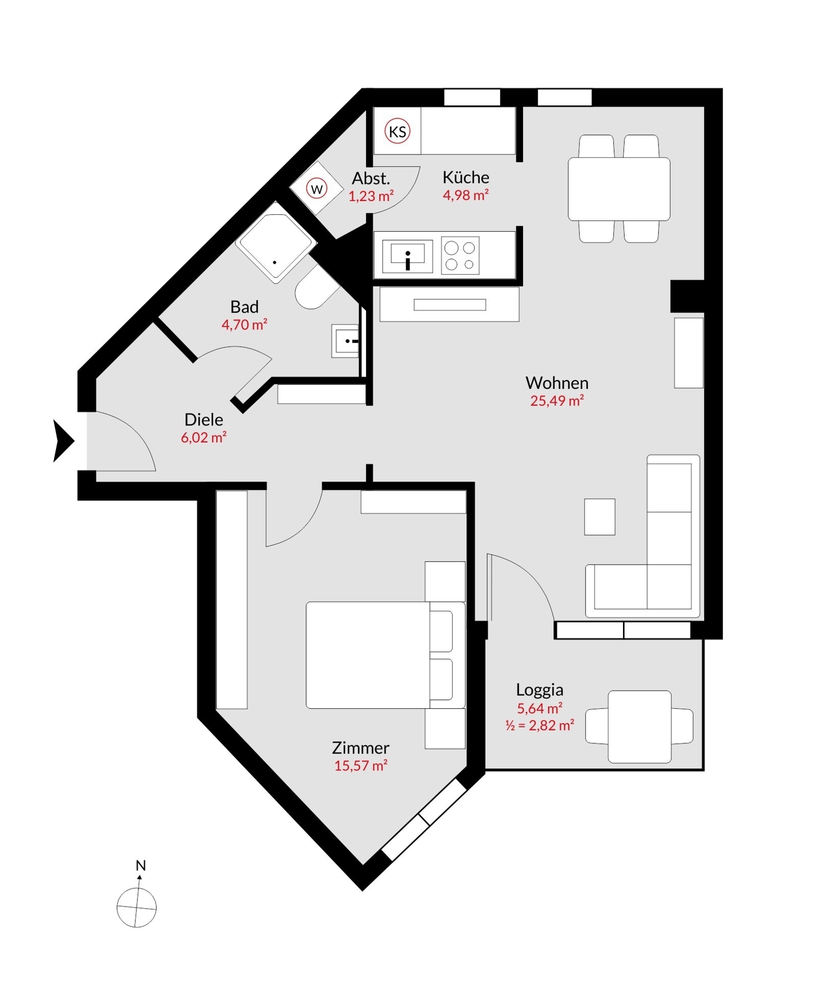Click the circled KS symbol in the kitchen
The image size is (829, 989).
point(397,132)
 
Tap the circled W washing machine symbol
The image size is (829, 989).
point(317,189)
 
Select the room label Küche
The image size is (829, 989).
point(465,177)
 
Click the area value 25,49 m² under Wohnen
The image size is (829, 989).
point(557,401)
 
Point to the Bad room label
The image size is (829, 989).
point(244,307)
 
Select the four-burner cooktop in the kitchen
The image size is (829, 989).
point(460,255)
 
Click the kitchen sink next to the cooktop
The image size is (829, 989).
point(407,255)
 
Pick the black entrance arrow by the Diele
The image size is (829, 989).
point(63,441)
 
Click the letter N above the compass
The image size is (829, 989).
point(141,865)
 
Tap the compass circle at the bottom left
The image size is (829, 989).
point(136,908)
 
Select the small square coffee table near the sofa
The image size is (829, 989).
point(599,517)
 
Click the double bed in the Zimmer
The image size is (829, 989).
point(369,655)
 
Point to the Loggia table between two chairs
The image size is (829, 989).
point(639,726)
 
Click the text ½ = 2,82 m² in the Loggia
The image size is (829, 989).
point(539,725)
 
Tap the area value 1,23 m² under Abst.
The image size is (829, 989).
point(371,196)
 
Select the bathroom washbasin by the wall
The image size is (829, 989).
point(346,340)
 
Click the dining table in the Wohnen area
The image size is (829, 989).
point(618,189)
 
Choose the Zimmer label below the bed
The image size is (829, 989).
point(360,748)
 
